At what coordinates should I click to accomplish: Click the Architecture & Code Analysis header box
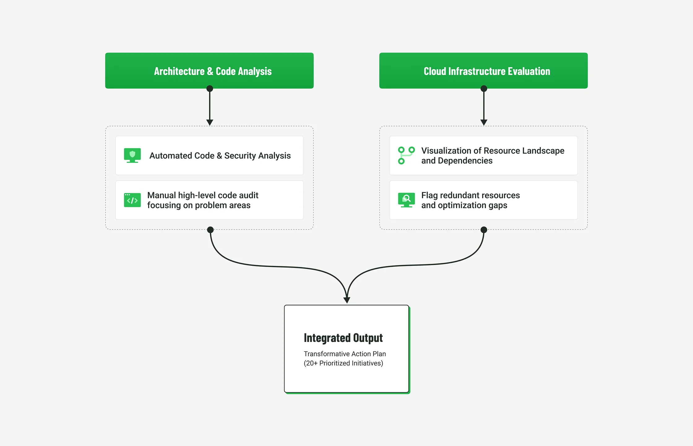click(209, 71)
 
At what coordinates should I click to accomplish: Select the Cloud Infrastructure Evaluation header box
click(483, 71)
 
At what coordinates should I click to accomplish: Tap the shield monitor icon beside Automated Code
click(132, 155)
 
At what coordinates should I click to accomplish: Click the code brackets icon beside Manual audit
click(132, 200)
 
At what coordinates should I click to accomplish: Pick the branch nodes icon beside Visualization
click(406, 155)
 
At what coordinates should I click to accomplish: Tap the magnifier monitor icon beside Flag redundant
click(406, 200)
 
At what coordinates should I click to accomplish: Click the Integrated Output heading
click(343, 338)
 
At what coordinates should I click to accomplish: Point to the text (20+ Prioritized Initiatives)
click(343, 363)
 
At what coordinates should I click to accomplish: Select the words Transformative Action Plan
click(345, 354)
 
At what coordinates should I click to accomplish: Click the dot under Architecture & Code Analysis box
click(210, 89)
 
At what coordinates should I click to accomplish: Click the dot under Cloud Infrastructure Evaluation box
click(484, 89)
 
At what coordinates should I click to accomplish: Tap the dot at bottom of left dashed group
click(210, 230)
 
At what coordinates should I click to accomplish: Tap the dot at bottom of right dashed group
click(484, 230)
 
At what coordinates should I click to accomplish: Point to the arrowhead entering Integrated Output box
click(347, 300)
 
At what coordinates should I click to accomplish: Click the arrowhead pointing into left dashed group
click(210, 122)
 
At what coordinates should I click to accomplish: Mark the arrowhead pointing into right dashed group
click(484, 122)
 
